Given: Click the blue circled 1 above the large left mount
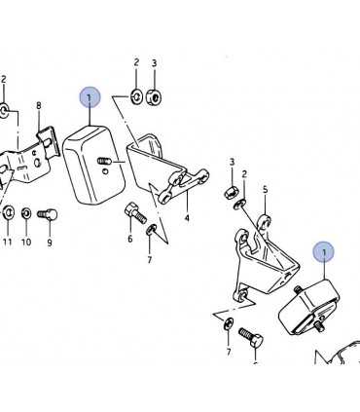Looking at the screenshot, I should pyautogui.click(x=90, y=97).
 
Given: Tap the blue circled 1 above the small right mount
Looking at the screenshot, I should pyautogui.click(x=322, y=252).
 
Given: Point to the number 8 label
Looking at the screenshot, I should pyautogui.click(x=39, y=105).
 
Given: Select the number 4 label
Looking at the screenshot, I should pyautogui.click(x=186, y=218).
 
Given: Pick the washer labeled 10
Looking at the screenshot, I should pyautogui.click(x=26, y=212).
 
